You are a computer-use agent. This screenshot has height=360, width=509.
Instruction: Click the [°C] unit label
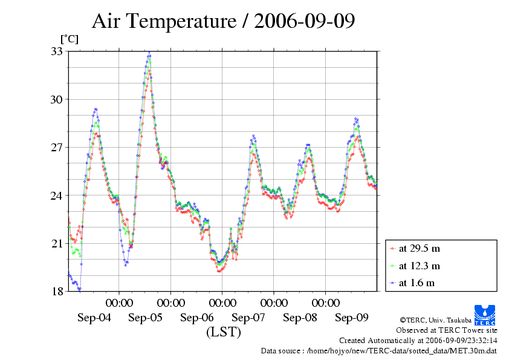point(69,39)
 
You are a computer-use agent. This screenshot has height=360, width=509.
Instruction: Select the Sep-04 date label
point(94,317)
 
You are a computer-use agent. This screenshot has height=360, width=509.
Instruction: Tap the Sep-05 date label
point(146,317)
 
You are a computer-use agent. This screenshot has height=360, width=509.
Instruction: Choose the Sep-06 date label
point(197,317)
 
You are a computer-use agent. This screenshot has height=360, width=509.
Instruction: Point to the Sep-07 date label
point(248,317)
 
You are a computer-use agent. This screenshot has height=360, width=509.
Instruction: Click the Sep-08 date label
point(300,317)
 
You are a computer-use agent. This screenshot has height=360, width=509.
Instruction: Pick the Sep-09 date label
point(352,317)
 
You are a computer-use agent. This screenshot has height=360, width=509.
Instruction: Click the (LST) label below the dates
point(223,332)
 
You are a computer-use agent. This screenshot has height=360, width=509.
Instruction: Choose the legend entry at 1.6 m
point(417,283)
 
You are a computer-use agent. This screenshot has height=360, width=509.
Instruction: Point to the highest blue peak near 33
point(149,54)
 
